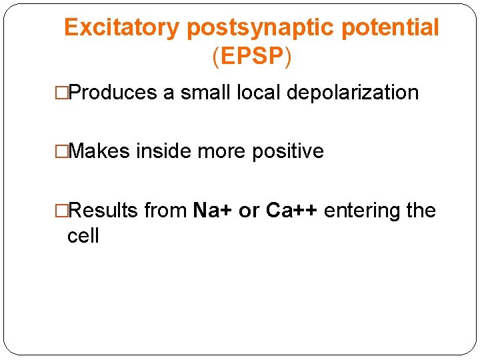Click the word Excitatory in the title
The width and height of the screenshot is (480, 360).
(x=122, y=28)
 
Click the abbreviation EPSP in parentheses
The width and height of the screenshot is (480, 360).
(x=252, y=57)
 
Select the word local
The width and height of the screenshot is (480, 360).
(x=259, y=93)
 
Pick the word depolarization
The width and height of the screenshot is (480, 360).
(x=353, y=93)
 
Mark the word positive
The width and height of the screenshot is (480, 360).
(x=287, y=151)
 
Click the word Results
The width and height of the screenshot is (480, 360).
(x=103, y=211)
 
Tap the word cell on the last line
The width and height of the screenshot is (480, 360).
(x=83, y=236)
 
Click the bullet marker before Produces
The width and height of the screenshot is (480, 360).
(x=62, y=93)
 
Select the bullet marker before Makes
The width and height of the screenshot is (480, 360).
(x=62, y=152)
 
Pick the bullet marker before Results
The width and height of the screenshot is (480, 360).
(x=62, y=211)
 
